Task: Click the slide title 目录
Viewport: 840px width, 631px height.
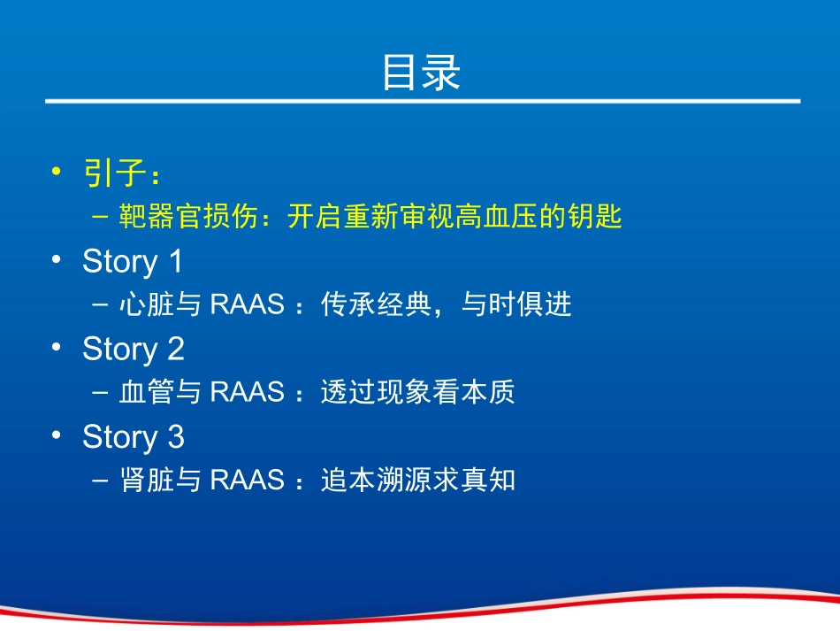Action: click(421, 73)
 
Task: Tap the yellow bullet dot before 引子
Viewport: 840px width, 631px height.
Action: click(57, 172)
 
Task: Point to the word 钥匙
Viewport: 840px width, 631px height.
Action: click(597, 218)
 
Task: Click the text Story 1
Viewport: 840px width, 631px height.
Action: click(133, 262)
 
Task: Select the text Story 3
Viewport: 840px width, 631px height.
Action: click(133, 437)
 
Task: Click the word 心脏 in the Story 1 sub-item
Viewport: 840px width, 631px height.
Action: click(146, 305)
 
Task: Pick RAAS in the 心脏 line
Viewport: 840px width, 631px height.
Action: click(248, 305)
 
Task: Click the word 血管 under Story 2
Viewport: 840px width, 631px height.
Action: click(146, 393)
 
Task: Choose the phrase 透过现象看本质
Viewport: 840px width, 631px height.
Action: click(417, 393)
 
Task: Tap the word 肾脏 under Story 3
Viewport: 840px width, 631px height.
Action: click(146, 481)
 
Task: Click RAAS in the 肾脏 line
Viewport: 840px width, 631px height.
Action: click(248, 481)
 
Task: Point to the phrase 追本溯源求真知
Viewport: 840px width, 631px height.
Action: click(417, 481)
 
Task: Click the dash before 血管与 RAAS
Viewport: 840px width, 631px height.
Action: click(100, 393)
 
